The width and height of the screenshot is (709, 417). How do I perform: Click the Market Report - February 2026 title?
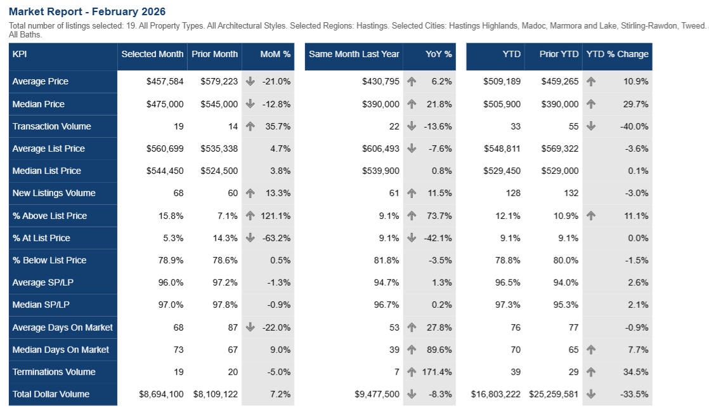88,11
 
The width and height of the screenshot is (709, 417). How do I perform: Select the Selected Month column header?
152,54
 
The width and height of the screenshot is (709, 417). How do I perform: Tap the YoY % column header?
439,54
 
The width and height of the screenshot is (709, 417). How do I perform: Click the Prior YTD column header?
559,54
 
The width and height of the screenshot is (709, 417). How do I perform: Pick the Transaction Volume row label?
52,126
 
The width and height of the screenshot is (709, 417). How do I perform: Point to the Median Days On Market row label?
61,350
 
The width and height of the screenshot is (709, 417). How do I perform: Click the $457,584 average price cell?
162,81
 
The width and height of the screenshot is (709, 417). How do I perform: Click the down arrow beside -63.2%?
250,238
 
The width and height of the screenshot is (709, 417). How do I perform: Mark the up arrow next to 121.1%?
250,216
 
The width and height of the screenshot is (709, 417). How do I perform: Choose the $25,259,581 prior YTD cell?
554,394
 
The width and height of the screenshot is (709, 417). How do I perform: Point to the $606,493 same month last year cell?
381,149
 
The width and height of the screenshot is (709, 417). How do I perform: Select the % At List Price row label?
41,238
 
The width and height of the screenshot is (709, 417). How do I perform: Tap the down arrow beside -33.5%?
591,394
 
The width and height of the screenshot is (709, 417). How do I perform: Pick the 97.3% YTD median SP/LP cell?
508,305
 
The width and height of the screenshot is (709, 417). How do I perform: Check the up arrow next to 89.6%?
412,350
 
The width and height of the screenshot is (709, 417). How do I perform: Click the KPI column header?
20,54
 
